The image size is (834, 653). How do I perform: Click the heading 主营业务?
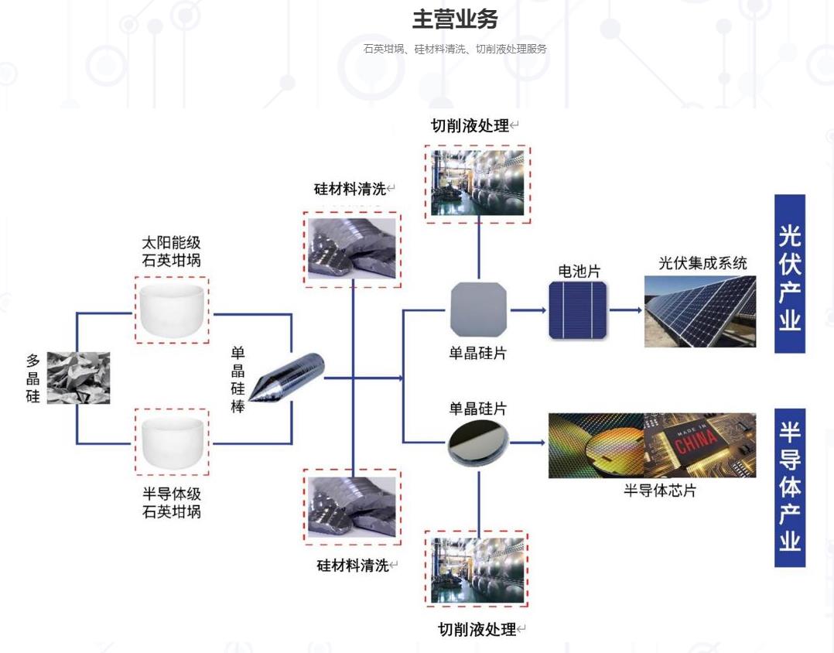click(x=455, y=19)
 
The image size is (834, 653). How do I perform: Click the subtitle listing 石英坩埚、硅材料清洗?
click(x=455, y=49)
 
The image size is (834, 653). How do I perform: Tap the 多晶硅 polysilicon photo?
click(x=78, y=378)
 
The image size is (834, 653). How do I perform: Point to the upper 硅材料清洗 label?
click(x=349, y=189)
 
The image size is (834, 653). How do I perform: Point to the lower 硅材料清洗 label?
click(x=352, y=566)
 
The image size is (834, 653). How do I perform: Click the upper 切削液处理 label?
click(x=470, y=125)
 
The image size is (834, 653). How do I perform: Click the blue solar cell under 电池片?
click(x=578, y=309)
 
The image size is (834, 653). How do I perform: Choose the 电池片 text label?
click(x=579, y=271)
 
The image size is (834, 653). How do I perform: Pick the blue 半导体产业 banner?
click(x=789, y=487)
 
